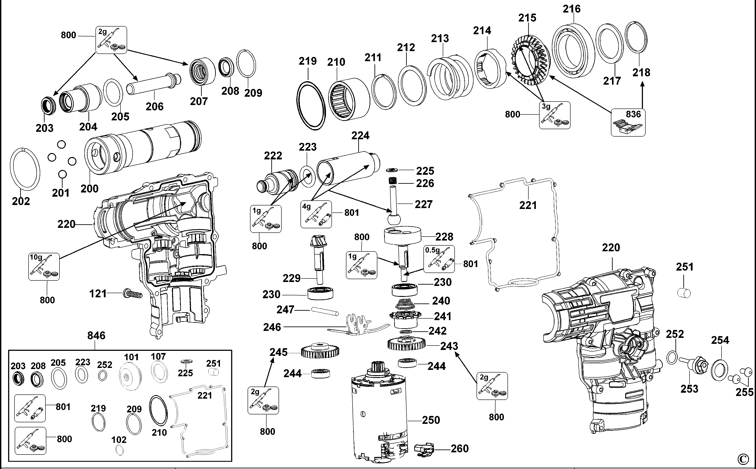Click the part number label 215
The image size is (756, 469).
527,18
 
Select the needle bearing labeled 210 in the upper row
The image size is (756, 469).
348,98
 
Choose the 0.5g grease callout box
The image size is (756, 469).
439,259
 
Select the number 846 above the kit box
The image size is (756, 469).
96,336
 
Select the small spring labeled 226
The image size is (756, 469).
393,181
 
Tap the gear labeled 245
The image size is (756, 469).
320,351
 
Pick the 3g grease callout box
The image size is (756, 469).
554,115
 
